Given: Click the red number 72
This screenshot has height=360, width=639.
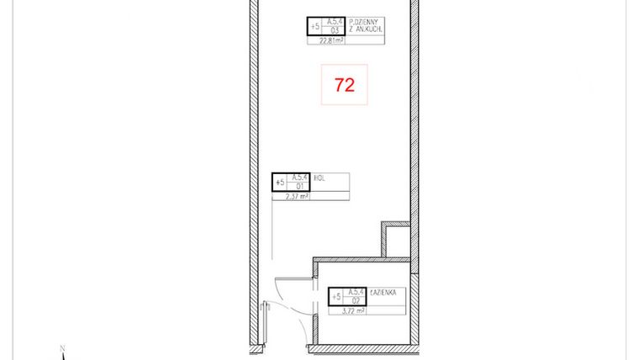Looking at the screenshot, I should click(x=344, y=85).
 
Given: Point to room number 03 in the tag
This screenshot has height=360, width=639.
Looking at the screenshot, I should click(x=334, y=31).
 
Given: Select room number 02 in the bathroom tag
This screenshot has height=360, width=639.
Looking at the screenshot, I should click(x=356, y=299).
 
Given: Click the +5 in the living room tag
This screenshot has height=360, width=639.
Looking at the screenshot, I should click(x=315, y=27).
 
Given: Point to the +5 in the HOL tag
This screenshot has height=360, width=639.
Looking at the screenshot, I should click(x=280, y=182).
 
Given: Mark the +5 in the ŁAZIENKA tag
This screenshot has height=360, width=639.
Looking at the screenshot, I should click(x=336, y=296).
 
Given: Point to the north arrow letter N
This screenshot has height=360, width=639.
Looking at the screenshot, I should click(x=61, y=347).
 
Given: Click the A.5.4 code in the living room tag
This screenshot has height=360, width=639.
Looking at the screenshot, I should click(x=334, y=22).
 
